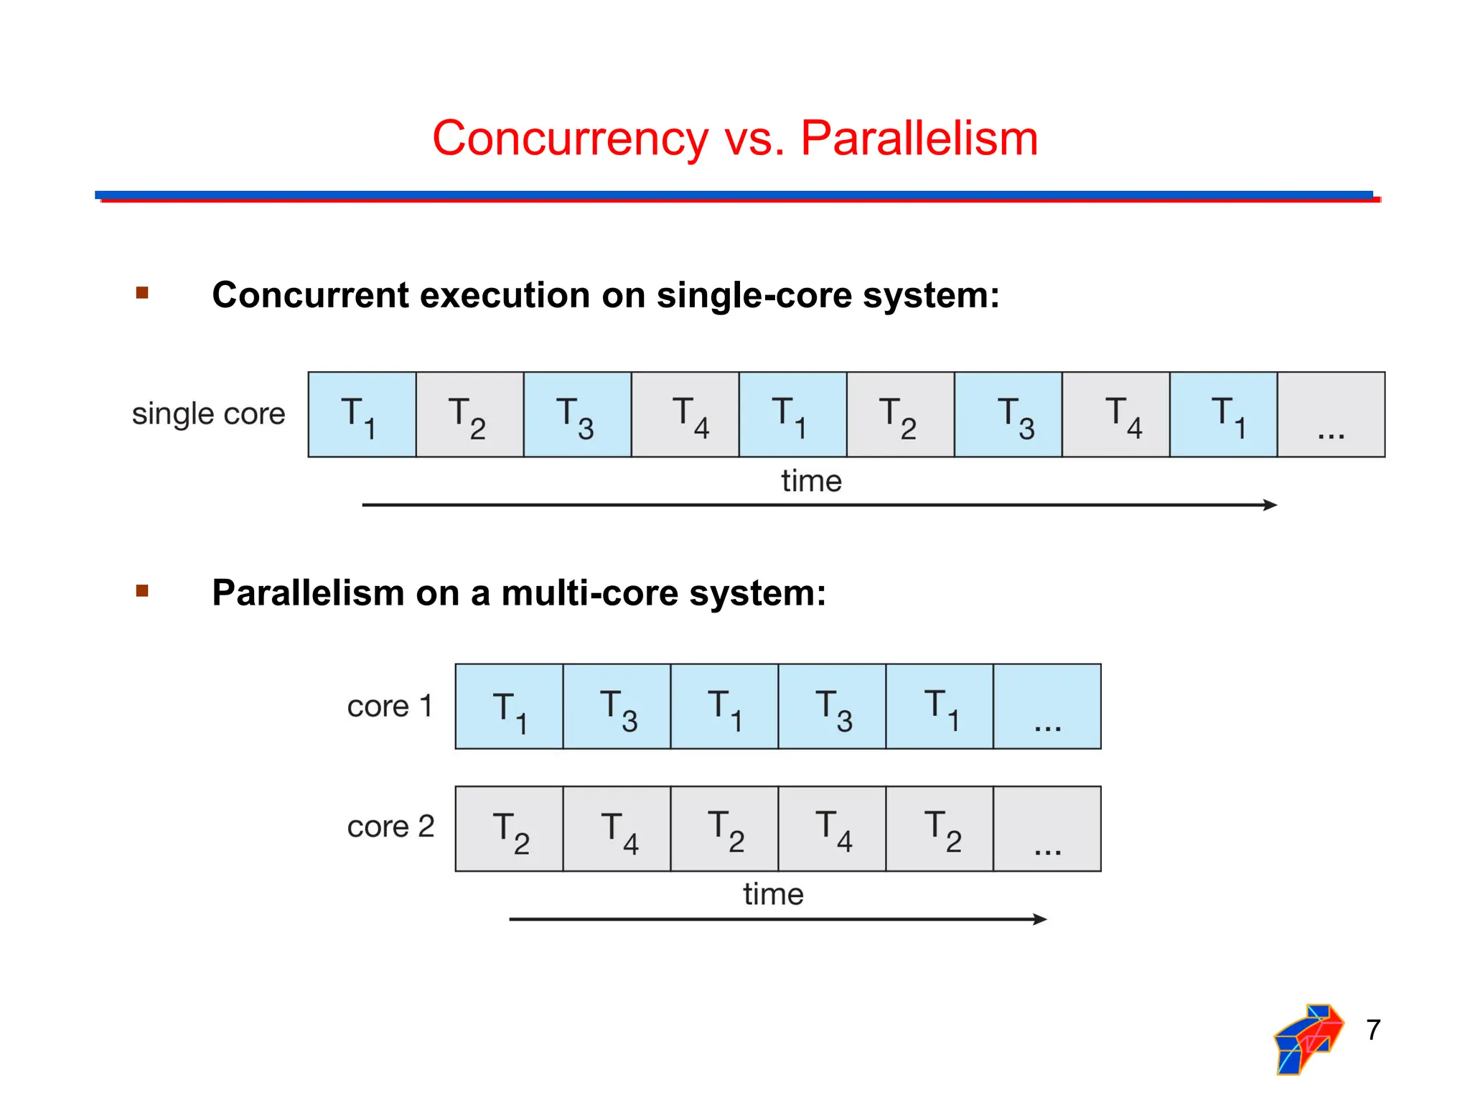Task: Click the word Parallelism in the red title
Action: click(x=919, y=138)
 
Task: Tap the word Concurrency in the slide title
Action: click(x=570, y=139)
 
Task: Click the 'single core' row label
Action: click(x=208, y=414)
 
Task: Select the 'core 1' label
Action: click(x=390, y=707)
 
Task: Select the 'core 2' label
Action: click(x=390, y=827)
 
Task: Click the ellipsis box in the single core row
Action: click(x=1331, y=415)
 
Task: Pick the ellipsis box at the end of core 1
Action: click(x=1047, y=707)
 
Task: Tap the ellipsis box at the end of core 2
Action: click(x=1047, y=829)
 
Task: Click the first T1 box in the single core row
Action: click(x=362, y=415)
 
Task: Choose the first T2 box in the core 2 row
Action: click(x=509, y=829)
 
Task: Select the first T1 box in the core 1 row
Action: click(x=509, y=707)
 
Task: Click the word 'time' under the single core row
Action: click(x=811, y=481)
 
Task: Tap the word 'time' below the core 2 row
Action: click(x=773, y=895)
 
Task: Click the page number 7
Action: click(x=1373, y=1030)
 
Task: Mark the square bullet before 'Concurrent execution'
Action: click(x=142, y=293)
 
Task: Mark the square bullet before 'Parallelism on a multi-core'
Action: click(x=142, y=591)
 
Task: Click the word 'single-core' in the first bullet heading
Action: click(x=754, y=295)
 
